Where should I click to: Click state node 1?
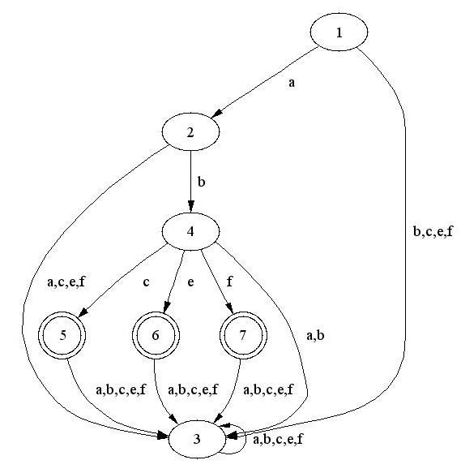(x=339, y=32)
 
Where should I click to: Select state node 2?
(x=190, y=131)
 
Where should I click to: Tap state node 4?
(x=190, y=231)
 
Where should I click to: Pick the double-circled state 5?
(x=62, y=335)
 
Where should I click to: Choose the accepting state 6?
(x=156, y=335)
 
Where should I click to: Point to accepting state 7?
(x=243, y=335)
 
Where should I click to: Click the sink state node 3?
(x=197, y=439)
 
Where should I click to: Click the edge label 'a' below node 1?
(x=292, y=83)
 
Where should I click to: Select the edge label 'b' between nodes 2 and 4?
(x=201, y=182)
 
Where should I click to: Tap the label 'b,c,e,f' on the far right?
(x=433, y=231)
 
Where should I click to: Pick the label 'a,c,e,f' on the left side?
(x=66, y=282)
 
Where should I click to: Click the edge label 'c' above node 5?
(x=146, y=282)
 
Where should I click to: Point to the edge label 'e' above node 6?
(x=190, y=282)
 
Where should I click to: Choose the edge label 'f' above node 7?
(x=229, y=282)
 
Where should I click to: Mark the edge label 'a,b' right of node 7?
(x=315, y=336)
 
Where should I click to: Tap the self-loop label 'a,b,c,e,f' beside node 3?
(x=278, y=440)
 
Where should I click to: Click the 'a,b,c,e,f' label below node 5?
(x=121, y=389)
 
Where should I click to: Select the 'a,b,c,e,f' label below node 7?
(x=268, y=389)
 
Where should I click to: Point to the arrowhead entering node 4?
(x=190, y=207)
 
